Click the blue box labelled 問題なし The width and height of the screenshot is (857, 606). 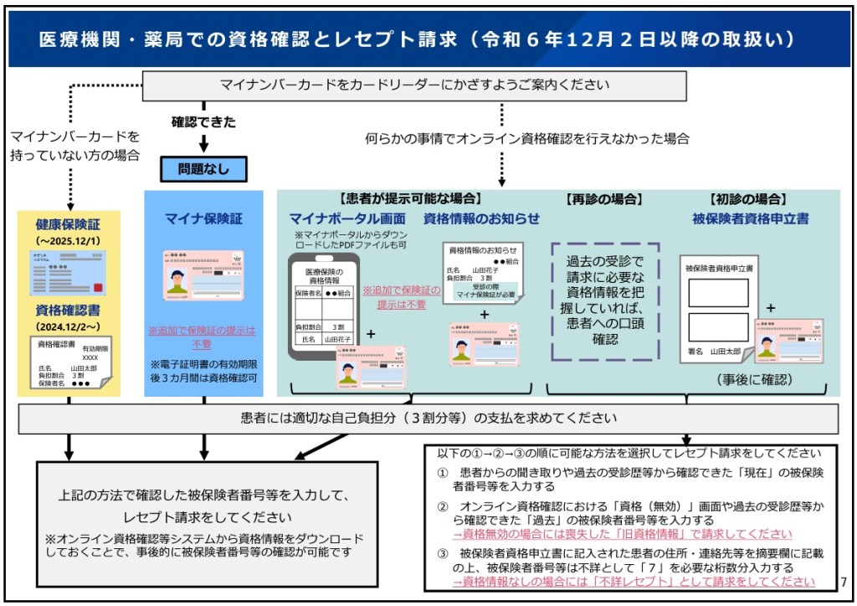pos(204,169)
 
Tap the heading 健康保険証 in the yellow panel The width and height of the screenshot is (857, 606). pos(68,225)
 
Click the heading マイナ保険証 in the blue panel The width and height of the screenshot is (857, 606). pos(204,218)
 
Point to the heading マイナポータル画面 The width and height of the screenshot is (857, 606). pos(347,218)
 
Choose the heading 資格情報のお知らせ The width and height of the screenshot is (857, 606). pos(481,218)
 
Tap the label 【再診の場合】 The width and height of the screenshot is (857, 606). pos(604,199)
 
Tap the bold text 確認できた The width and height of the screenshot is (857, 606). pos(203,122)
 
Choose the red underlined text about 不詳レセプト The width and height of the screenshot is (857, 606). pos(634,582)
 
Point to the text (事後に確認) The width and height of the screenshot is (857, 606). pos(753,379)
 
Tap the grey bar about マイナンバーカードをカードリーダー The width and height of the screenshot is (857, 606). pos(414,85)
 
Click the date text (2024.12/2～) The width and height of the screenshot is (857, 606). pos(68,326)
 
